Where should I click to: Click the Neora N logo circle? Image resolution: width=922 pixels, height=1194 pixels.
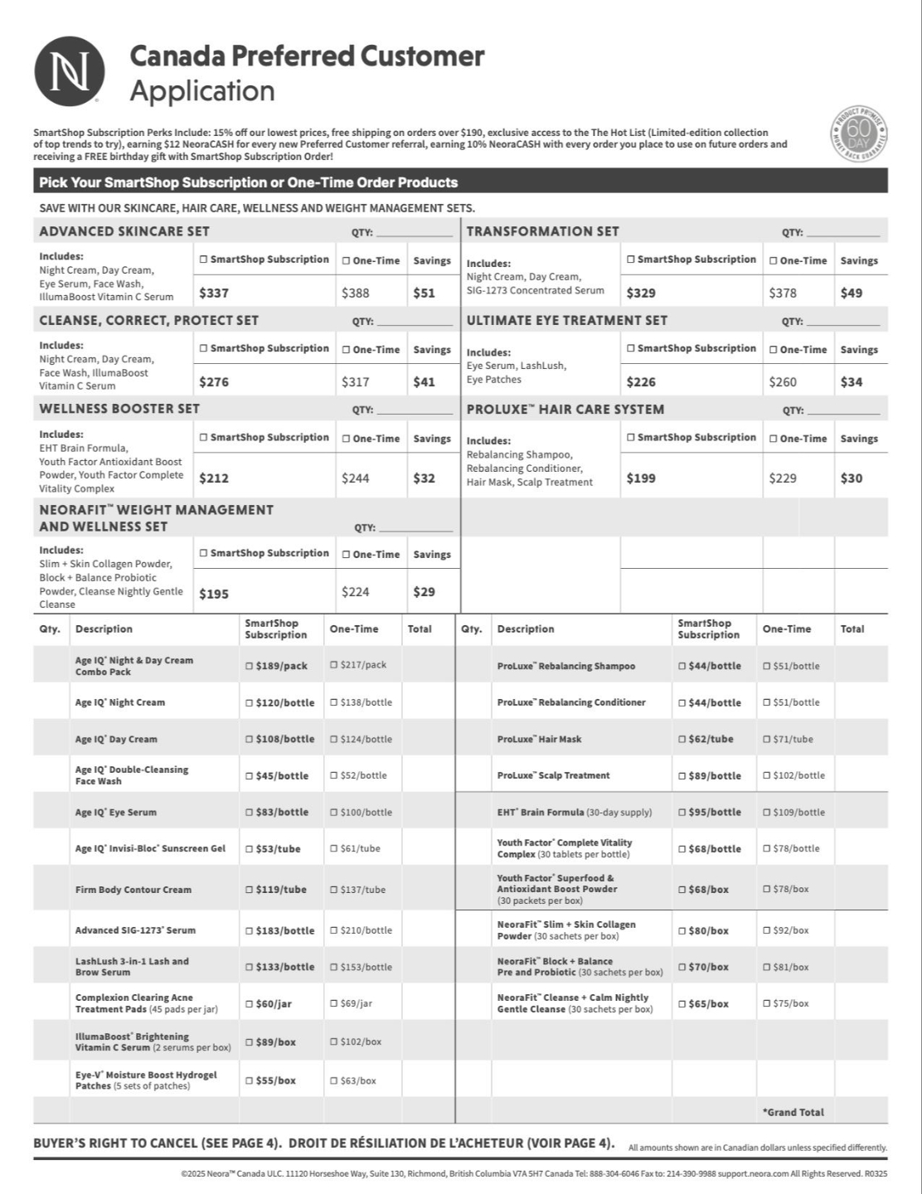click(70, 70)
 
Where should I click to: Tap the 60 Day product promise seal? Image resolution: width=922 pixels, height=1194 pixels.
click(858, 134)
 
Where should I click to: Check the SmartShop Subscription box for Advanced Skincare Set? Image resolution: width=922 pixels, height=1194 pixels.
click(203, 260)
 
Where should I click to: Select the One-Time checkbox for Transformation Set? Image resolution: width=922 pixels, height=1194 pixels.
click(774, 260)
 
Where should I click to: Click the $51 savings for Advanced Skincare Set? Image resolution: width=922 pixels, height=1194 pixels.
click(424, 293)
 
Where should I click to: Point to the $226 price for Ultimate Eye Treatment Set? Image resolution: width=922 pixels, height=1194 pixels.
click(641, 381)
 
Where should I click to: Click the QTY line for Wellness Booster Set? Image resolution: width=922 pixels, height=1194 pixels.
click(415, 411)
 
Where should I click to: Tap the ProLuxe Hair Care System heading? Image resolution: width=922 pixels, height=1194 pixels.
click(565, 409)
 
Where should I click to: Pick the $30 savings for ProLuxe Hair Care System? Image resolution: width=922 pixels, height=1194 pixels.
click(851, 478)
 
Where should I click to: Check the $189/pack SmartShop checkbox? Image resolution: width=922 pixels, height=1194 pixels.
click(250, 666)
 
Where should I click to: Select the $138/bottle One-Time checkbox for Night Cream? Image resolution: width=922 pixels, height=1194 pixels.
click(334, 702)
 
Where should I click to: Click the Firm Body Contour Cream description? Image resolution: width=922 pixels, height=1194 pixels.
click(133, 890)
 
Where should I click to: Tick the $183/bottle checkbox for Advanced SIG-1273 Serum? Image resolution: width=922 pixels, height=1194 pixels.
click(250, 930)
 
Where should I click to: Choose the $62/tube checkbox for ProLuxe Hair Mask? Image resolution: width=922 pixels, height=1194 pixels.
click(682, 739)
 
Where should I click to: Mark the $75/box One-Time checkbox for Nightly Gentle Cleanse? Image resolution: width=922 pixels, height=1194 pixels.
click(767, 1003)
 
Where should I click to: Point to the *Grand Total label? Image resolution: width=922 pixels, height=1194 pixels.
click(793, 1112)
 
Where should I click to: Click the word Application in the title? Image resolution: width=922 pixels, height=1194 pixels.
click(202, 90)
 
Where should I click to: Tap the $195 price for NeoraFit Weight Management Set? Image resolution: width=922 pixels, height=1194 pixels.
click(214, 594)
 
